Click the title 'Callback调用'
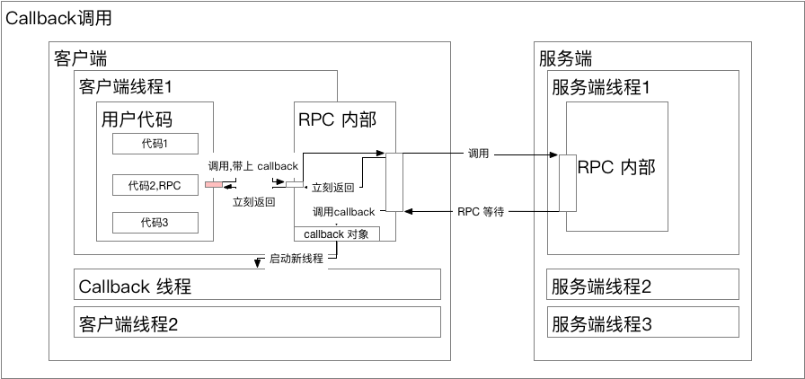point(59,19)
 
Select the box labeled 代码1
point(155,144)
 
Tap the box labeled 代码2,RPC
point(155,186)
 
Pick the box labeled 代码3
point(155,222)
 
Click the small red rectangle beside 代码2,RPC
point(213,186)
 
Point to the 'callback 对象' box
point(337,234)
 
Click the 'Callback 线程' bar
point(257,286)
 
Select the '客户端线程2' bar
point(257,322)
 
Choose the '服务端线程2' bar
point(643,286)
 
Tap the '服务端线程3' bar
point(643,322)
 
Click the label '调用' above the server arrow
point(478,154)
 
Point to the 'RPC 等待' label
point(480,212)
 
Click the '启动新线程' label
point(296,259)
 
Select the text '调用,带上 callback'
point(252,166)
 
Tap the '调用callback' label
point(344,212)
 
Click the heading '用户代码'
point(137,120)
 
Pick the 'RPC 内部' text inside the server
point(616,167)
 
